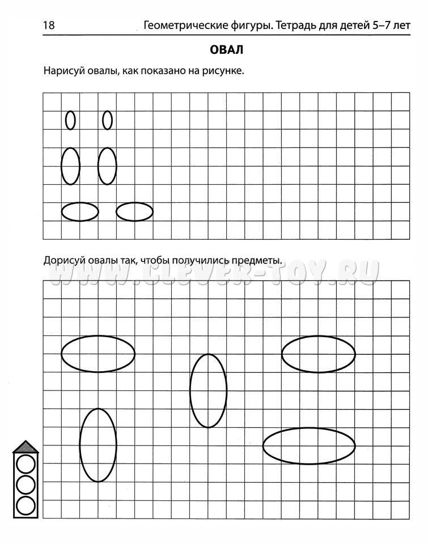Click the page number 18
(48, 25)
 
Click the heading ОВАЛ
(226, 50)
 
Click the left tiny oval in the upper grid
(70, 120)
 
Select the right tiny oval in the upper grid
(107, 120)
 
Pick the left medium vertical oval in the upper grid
(70, 166)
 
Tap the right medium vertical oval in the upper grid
(107, 166)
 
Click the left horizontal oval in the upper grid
(79, 212)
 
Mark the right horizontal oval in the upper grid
(134, 212)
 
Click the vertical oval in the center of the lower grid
(208, 390)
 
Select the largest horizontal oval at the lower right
(309, 445)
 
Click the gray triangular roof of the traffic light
(25, 448)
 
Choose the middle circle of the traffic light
(25, 485)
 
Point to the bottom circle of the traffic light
(25, 505)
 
